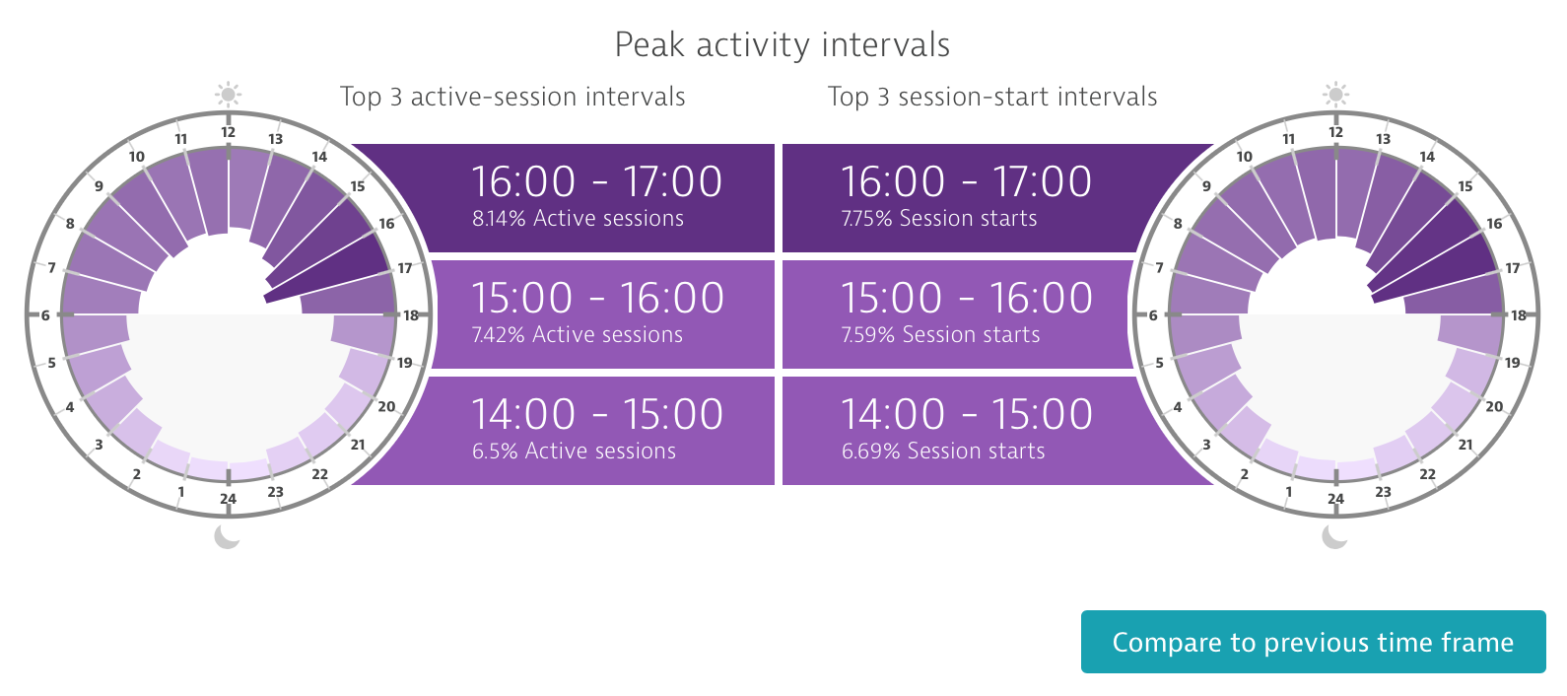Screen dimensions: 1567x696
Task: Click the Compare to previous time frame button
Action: pyautogui.click(x=1313, y=642)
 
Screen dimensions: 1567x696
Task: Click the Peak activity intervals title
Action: pyautogui.click(x=783, y=44)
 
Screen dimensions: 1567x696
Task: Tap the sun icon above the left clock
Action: pyautogui.click(x=228, y=94)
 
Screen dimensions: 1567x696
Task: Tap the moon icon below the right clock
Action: pyautogui.click(x=1334, y=536)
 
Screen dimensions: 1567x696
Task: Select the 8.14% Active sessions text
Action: pyautogui.click(x=578, y=218)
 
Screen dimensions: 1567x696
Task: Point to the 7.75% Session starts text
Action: pyautogui.click(x=939, y=218)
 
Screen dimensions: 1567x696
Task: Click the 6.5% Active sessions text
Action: pyautogui.click(x=574, y=451)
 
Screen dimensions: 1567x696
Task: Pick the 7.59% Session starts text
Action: pyautogui.click(x=940, y=334)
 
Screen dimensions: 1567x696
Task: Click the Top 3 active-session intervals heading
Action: pyautogui.click(x=512, y=97)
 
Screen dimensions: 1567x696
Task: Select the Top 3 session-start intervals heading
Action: pyautogui.click(x=992, y=97)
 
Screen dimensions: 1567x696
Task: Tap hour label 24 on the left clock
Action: pyautogui.click(x=228, y=499)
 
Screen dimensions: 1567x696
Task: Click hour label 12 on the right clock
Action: pyautogui.click(x=1336, y=132)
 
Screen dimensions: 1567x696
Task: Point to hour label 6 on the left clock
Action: pyautogui.click(x=45, y=315)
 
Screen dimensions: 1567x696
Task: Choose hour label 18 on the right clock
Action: pyautogui.click(x=1518, y=315)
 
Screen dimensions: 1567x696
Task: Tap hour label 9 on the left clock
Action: pyautogui.click(x=99, y=186)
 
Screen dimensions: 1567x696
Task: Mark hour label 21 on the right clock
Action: pyautogui.click(x=1465, y=445)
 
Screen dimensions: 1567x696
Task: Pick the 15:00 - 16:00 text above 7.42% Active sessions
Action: pyautogui.click(x=597, y=298)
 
